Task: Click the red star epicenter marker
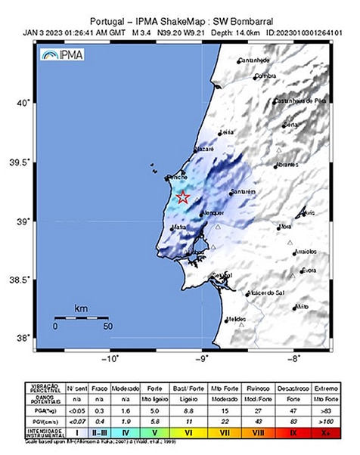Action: (x=182, y=198)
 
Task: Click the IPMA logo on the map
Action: (x=63, y=55)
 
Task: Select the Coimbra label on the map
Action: (x=265, y=76)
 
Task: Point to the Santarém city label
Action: (x=246, y=193)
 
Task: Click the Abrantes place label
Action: (x=286, y=164)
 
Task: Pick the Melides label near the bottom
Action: (x=237, y=320)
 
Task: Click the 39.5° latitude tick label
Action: (x=24, y=162)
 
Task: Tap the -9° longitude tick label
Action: (x=203, y=360)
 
